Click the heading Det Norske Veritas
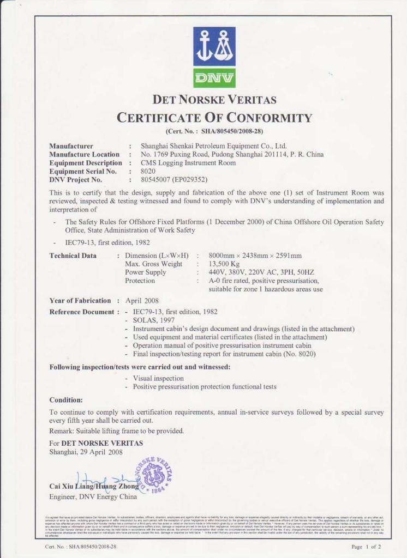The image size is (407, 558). pos(214,100)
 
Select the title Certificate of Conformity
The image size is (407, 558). pos(214,118)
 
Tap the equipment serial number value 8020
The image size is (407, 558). pos(148,171)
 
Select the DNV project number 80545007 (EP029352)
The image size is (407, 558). pos(174,179)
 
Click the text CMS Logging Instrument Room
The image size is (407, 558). pos(188,162)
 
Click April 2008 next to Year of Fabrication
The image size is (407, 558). pos(143,300)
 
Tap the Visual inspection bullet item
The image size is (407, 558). pos(158,378)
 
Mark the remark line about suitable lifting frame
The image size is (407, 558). pos(117,431)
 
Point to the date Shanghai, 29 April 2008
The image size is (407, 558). pos(86,451)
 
